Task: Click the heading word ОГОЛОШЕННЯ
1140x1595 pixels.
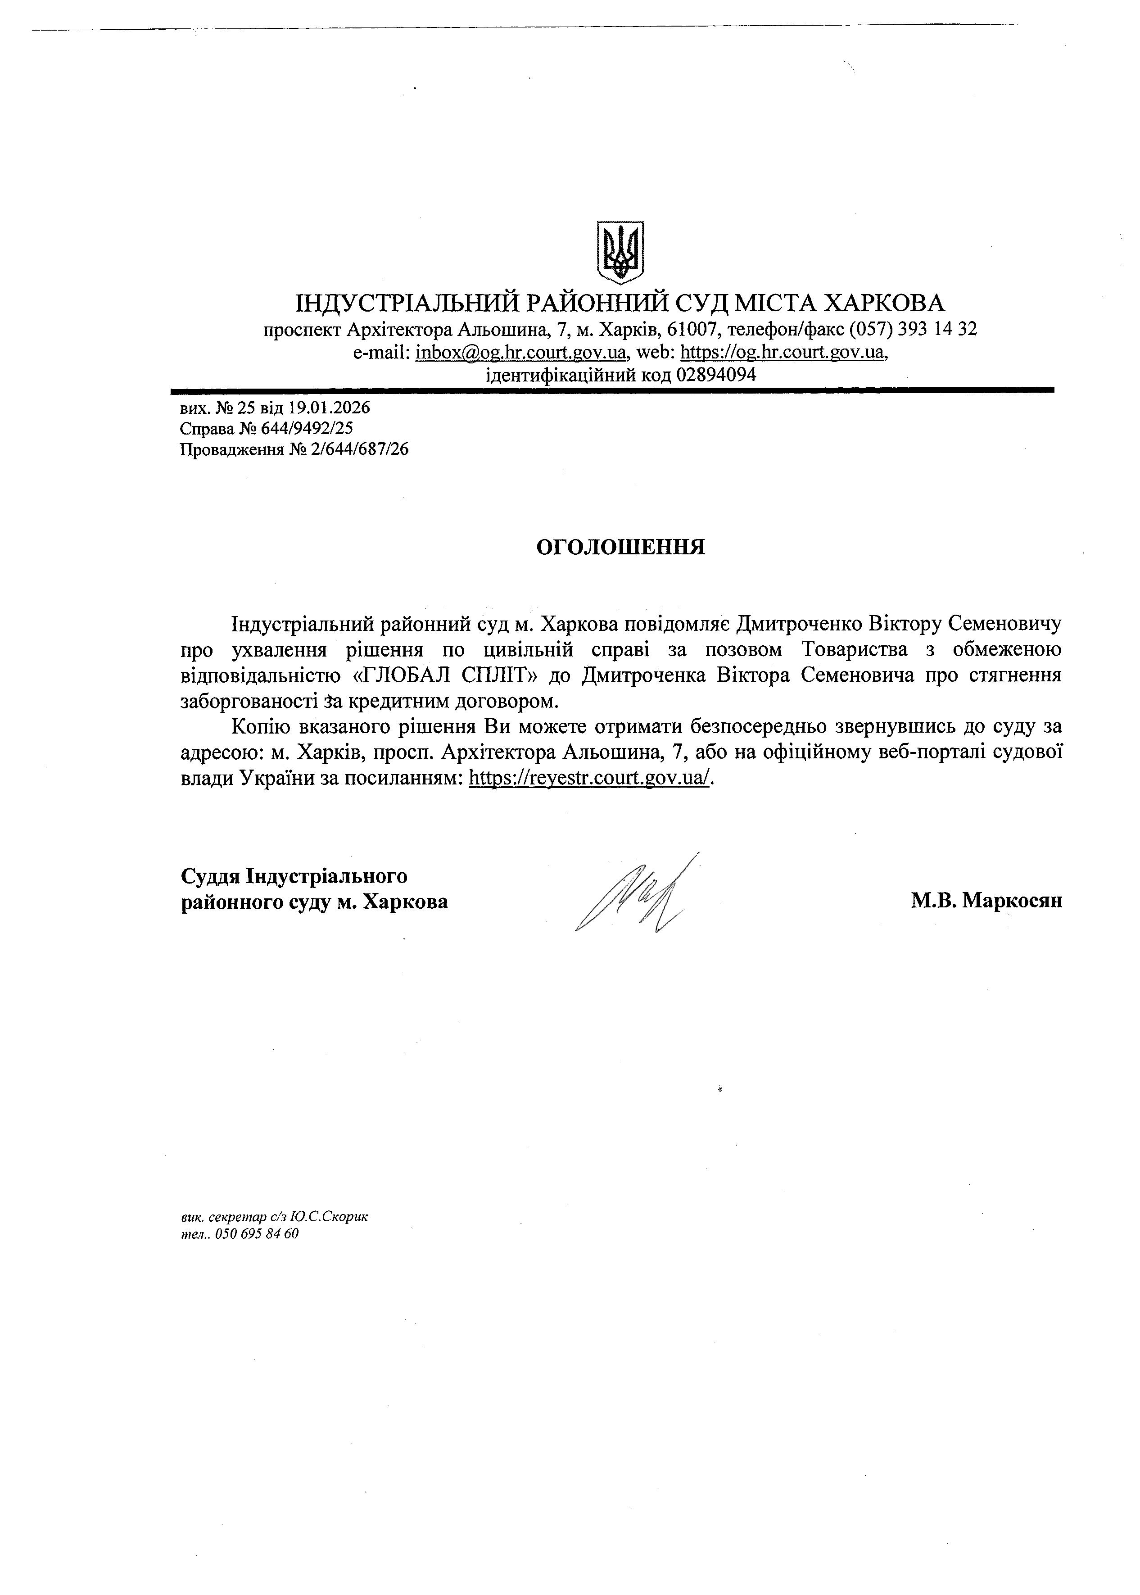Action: click(x=620, y=548)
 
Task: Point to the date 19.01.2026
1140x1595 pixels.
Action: click(x=329, y=408)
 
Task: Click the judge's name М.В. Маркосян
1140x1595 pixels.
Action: click(x=986, y=901)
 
